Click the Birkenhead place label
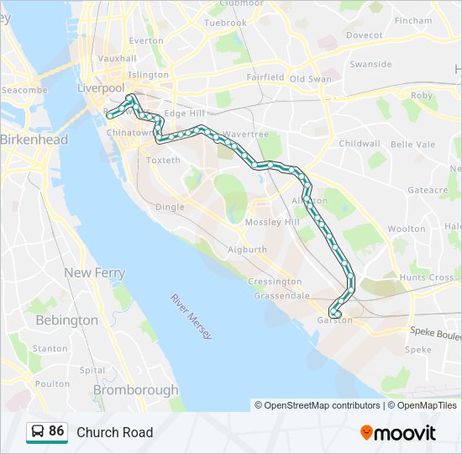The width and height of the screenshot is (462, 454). (34, 140)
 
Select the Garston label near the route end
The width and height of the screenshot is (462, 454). (334, 320)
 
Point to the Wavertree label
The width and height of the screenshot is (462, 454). (245, 135)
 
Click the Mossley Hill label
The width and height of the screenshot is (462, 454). (272, 222)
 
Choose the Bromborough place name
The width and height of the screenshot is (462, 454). (136, 390)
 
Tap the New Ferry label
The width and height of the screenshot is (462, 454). (95, 273)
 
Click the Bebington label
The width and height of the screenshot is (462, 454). (67, 320)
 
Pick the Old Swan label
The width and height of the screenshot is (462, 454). (310, 79)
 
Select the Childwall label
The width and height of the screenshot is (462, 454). (360, 144)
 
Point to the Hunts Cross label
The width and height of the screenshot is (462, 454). (427, 277)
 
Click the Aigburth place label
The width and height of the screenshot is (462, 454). (248, 250)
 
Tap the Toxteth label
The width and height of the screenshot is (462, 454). (163, 160)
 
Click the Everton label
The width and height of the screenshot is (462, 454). (147, 40)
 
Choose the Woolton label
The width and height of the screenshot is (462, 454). (407, 229)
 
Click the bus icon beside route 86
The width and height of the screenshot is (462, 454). (38, 432)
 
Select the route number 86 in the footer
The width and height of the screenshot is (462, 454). (56, 431)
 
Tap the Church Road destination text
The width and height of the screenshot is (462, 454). (115, 432)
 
